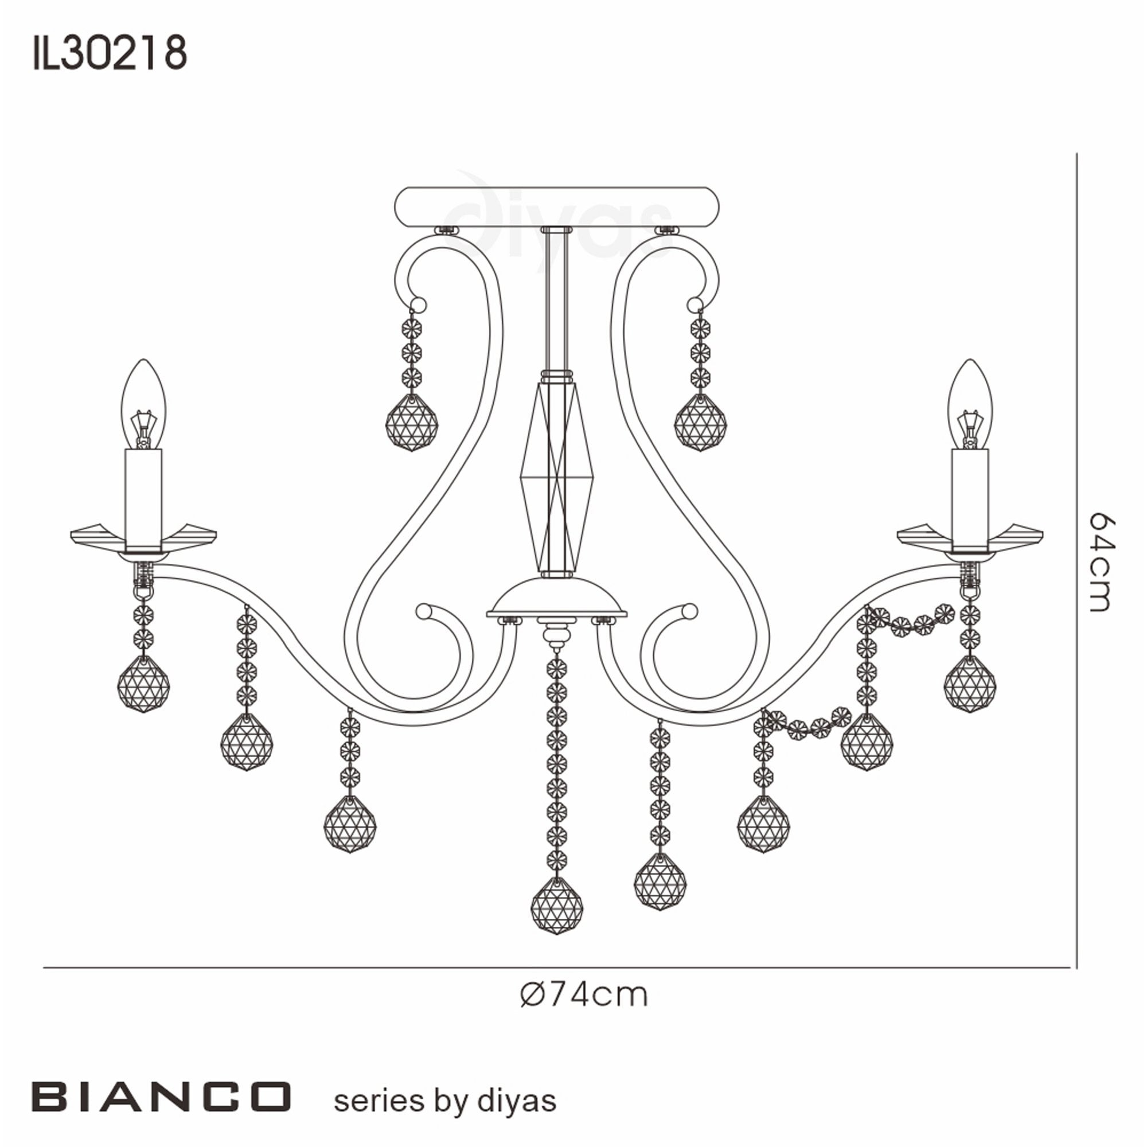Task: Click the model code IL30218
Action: tap(110, 53)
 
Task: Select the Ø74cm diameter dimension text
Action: tap(584, 994)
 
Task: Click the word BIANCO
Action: tap(161, 1097)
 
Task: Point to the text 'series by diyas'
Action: tap(445, 1100)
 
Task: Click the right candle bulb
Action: tap(969, 404)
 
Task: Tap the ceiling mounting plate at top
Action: tap(557, 206)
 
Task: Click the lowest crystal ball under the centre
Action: tap(556, 907)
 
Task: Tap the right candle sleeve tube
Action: tap(969, 499)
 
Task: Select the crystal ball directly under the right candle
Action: tap(969, 684)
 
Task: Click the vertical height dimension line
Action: tap(1076, 535)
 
